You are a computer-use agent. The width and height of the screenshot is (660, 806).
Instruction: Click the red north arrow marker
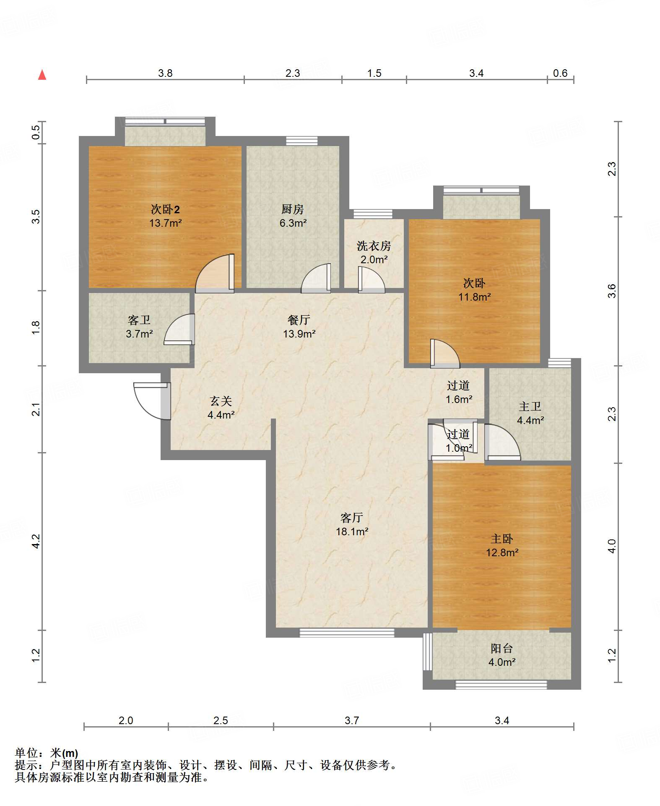[x=42, y=75]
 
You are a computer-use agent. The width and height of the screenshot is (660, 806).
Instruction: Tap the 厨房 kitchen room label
[x=292, y=209]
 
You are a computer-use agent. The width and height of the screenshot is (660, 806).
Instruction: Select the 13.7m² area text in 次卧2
[x=166, y=223]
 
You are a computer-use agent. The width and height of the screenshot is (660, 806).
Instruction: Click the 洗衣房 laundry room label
[x=374, y=246]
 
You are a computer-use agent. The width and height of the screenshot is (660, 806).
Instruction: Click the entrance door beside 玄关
[x=152, y=401]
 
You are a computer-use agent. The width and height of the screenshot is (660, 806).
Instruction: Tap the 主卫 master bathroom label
[x=530, y=406]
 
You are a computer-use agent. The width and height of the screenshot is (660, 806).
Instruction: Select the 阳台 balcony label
[x=502, y=649]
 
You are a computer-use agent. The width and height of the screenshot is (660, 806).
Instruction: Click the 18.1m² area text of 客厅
[x=352, y=531]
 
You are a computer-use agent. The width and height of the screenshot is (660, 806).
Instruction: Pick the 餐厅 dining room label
[x=299, y=320]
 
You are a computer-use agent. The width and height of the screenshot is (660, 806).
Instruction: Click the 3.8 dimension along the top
[x=165, y=73]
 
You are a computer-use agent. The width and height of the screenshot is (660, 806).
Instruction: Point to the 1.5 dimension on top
[x=374, y=73]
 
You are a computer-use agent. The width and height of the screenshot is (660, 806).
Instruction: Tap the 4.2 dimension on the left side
[x=36, y=541]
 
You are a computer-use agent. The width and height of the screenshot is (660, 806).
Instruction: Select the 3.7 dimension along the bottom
[x=352, y=721]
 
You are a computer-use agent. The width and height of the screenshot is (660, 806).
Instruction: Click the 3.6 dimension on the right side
[x=612, y=291]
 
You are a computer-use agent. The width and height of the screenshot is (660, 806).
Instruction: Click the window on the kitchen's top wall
[x=302, y=141]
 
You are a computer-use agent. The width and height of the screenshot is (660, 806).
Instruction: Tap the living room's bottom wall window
[x=347, y=633]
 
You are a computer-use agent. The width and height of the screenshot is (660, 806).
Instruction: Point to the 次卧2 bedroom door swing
[x=215, y=273]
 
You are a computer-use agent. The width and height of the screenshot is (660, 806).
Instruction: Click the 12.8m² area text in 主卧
[x=502, y=552]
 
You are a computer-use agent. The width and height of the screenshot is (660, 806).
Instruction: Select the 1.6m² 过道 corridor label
[x=459, y=399]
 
